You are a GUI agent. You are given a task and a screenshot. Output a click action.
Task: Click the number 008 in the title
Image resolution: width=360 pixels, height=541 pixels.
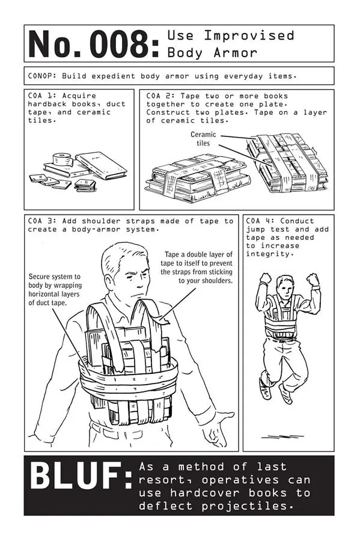click(124, 44)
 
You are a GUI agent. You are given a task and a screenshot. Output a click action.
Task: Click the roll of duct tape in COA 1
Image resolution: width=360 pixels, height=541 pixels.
click(63, 161)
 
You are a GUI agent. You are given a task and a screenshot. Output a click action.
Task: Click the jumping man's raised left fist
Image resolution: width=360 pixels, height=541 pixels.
click(313, 279)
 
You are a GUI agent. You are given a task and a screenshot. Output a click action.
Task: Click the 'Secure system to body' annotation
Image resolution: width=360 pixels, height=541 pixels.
click(55, 290)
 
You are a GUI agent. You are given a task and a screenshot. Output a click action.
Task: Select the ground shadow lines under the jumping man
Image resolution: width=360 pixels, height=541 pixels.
click(282, 436)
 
